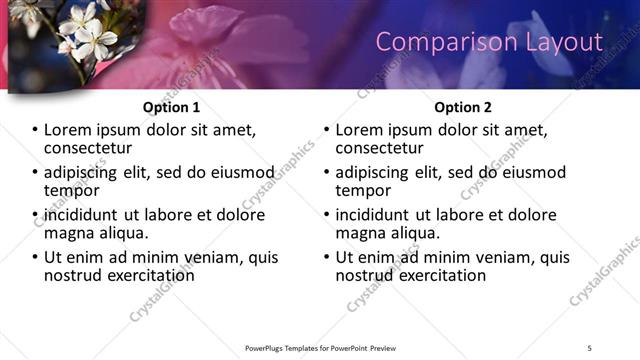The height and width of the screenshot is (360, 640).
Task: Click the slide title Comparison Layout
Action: point(489,42)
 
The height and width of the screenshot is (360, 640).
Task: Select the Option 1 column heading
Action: point(172,107)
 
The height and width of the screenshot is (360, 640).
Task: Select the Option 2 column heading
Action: point(462,107)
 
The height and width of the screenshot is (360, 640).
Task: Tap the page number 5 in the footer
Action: point(590,347)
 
